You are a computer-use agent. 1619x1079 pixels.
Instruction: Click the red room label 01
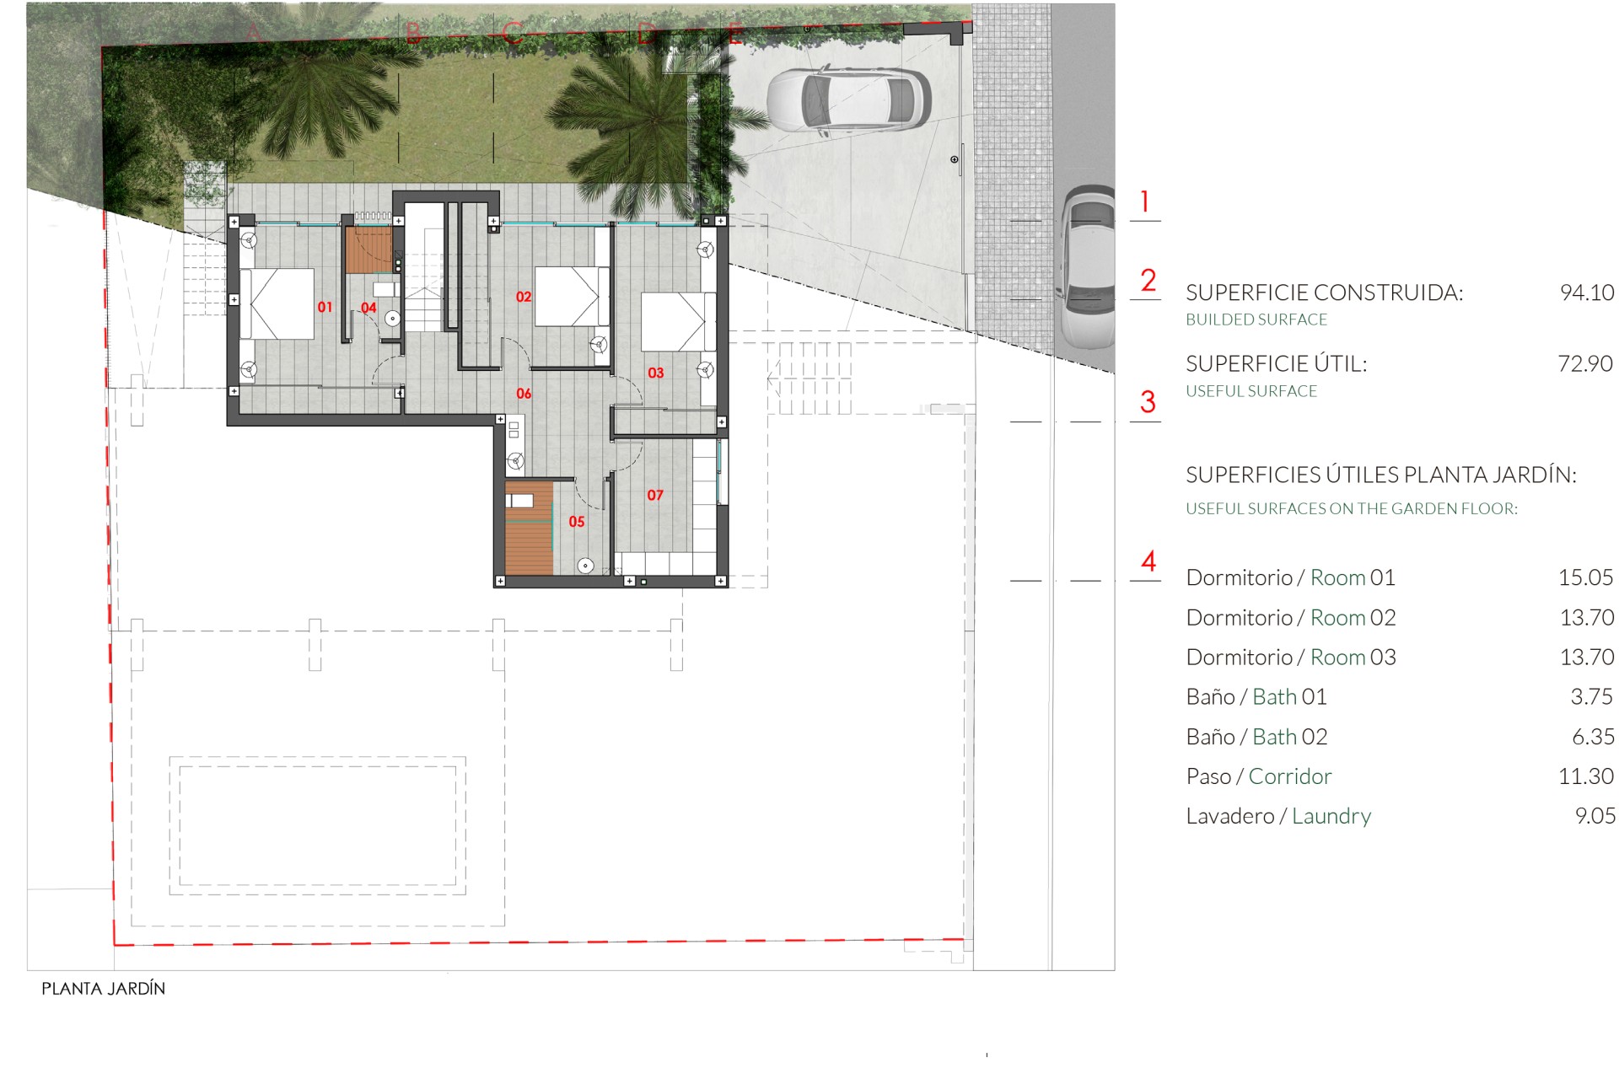click(x=325, y=307)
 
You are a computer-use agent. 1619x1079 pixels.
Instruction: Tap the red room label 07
click(x=655, y=495)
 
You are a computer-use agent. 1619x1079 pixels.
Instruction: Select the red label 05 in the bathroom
click(x=577, y=522)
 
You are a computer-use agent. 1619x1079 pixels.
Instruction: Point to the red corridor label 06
click(x=524, y=394)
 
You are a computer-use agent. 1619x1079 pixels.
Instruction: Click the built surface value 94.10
click(x=1586, y=293)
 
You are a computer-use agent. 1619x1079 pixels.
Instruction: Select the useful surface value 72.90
click(x=1584, y=363)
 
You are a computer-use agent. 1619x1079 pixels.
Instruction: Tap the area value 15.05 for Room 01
click(x=1585, y=577)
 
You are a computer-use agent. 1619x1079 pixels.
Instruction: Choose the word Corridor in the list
click(x=1289, y=776)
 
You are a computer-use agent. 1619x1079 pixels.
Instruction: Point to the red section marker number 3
click(x=1147, y=402)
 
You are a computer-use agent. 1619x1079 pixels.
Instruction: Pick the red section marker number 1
click(x=1144, y=201)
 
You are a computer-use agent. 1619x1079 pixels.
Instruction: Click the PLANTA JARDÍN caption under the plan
click(x=103, y=989)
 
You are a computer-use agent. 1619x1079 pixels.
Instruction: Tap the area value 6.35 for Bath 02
click(x=1592, y=737)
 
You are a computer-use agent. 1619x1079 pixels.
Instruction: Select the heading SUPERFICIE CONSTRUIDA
click(x=1324, y=293)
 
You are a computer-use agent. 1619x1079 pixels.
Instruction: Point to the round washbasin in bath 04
click(x=392, y=319)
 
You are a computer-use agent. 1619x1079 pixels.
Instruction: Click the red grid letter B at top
click(x=413, y=33)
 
